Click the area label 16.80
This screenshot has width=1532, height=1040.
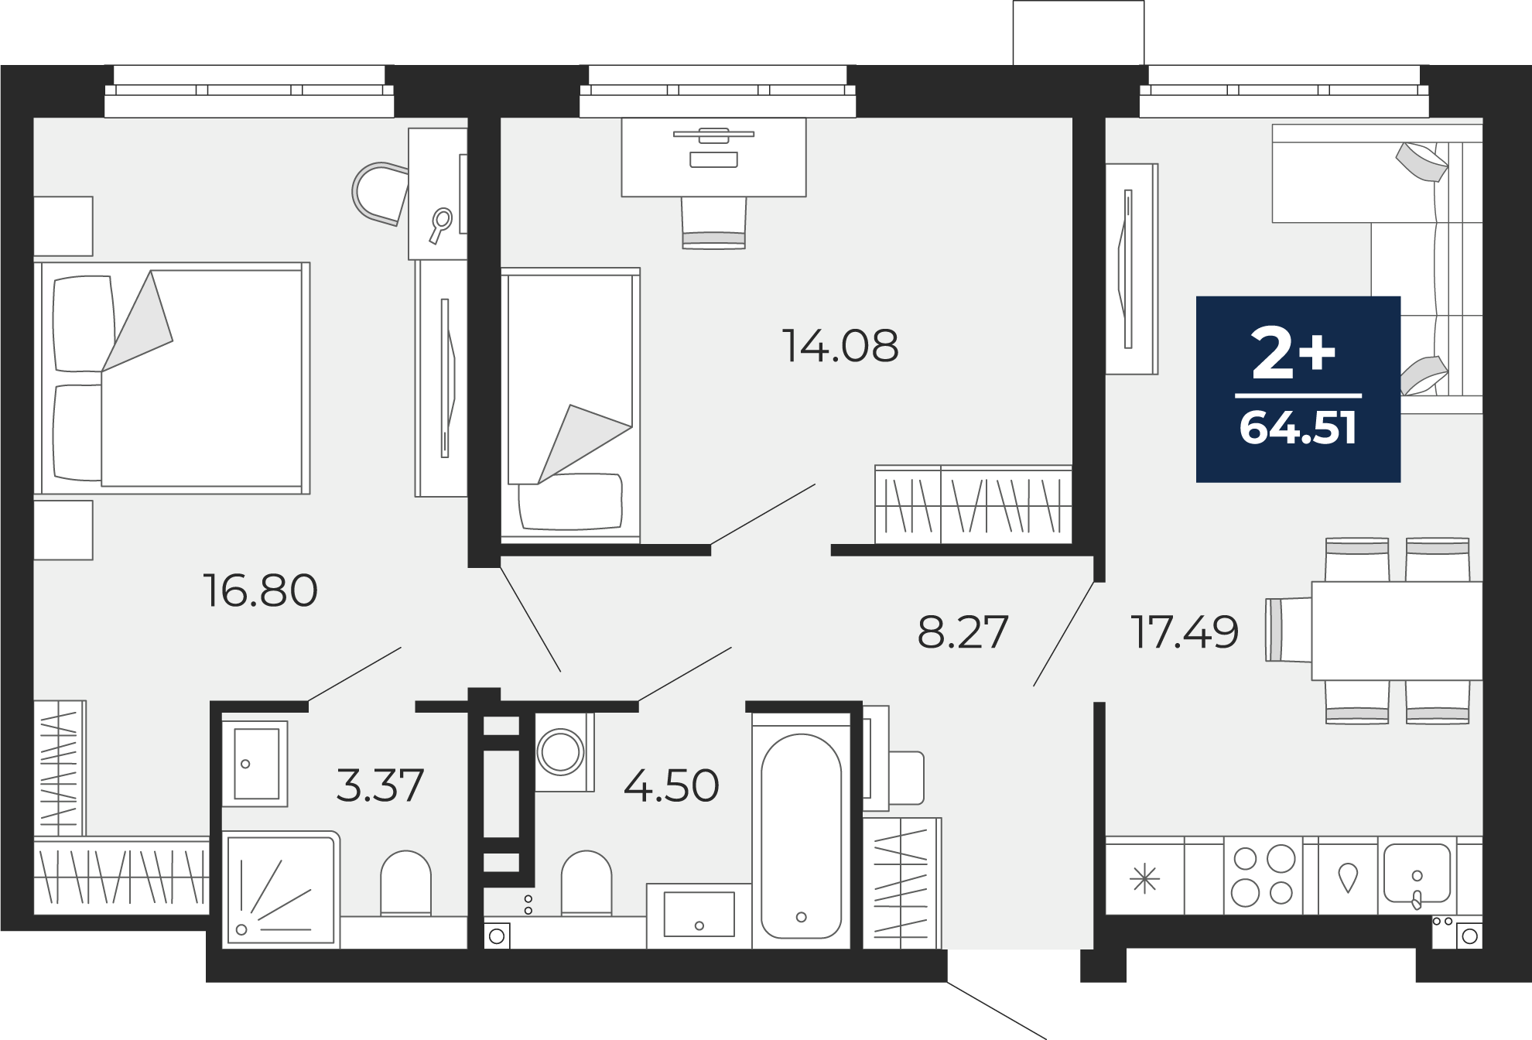[260, 590]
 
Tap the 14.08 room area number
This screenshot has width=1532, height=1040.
[840, 346]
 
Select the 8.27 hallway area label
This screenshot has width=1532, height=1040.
[963, 631]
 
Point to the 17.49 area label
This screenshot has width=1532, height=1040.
[1185, 631]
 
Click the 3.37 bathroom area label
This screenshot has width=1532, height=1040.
[380, 785]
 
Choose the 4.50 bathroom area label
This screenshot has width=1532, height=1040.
[671, 785]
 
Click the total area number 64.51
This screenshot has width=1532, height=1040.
[1298, 427]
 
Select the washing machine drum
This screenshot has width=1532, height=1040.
[560, 751]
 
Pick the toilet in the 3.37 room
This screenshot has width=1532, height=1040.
[405, 884]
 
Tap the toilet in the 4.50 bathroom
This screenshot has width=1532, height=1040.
[586, 884]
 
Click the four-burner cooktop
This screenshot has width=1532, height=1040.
[1264, 876]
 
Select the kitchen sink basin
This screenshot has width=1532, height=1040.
[1417, 873]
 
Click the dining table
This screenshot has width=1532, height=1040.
[1397, 631]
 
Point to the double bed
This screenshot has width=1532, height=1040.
[172, 378]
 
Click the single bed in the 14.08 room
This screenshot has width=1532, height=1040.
[570, 403]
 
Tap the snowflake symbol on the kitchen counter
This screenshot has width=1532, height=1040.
[1144, 880]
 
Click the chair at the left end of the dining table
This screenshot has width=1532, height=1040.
[1288, 630]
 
